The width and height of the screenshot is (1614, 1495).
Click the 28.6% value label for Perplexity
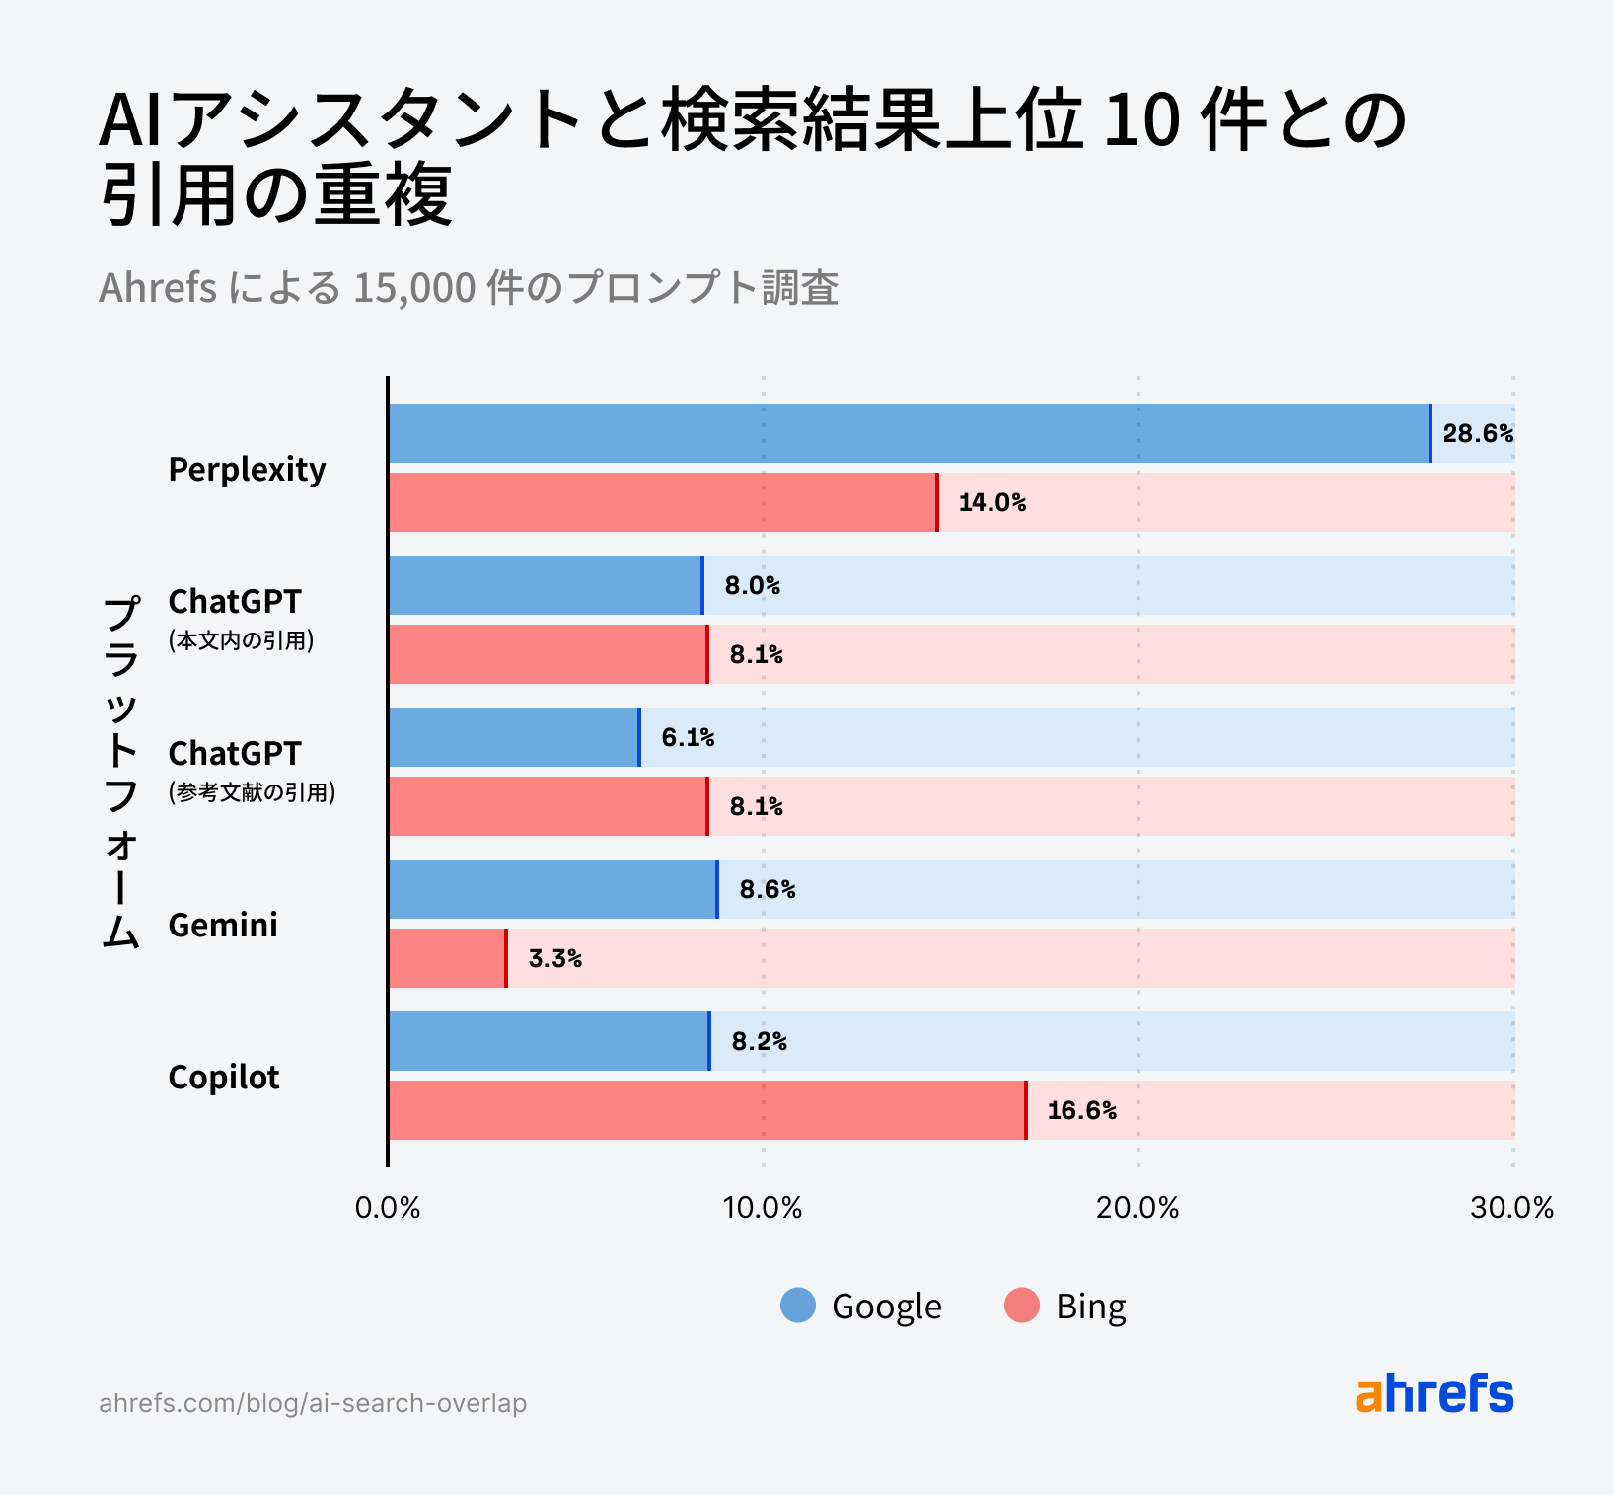pos(1477,433)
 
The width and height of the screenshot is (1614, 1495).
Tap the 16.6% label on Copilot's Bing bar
pos(1081,1110)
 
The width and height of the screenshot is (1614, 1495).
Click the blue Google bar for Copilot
pos(548,1041)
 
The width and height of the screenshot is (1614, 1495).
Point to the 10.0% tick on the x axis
pos(763,1208)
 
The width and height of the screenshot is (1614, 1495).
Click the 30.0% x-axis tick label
pos(1511,1208)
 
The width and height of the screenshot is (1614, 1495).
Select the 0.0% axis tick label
pos(388,1208)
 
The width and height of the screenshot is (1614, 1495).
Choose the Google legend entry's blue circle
pos(798,1305)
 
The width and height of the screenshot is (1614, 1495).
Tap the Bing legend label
pos(1090,1306)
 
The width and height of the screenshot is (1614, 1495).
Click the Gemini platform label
pos(223,925)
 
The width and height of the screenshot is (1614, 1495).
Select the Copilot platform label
pos(224,1077)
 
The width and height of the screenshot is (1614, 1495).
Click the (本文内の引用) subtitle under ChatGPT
pos(241,640)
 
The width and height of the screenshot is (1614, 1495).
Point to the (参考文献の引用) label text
pos(252,792)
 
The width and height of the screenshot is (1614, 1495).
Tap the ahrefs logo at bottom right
pos(1434,1393)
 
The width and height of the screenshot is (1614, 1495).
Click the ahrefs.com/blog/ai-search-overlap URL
pos(313,1403)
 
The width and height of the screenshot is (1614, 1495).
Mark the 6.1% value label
pos(688,737)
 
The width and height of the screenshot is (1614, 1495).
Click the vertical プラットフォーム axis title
pos(120,771)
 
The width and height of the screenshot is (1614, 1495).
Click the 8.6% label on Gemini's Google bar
pos(767,889)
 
